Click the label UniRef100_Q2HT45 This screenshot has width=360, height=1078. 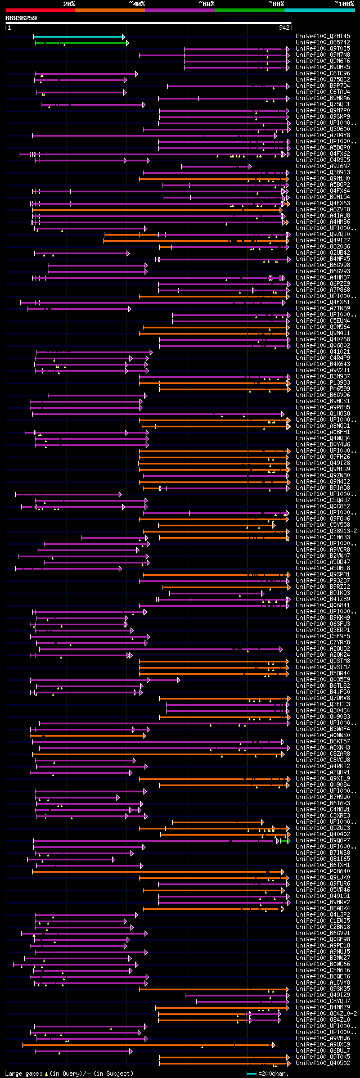tap(315, 37)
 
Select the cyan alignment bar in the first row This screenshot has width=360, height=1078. tap(79, 37)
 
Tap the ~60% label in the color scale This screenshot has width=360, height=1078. tap(206, 4)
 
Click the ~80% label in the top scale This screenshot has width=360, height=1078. tap(276, 4)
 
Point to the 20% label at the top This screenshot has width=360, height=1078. tap(69, 4)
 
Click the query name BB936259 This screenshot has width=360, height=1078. tap(21, 18)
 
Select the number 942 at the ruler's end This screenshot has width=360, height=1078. tap(284, 27)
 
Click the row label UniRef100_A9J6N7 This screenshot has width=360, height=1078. tap(315, 166)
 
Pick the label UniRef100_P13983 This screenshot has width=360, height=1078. tap(315, 383)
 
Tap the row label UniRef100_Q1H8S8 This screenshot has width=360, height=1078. tap(315, 414)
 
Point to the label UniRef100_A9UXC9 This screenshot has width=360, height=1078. tap(315, 1045)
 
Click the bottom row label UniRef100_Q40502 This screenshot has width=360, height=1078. tap(315, 1063)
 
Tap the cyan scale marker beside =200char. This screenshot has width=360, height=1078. tap(251, 1074)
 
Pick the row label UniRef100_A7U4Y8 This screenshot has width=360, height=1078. tap(315, 136)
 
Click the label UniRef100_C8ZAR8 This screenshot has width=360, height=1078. tap(315, 754)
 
